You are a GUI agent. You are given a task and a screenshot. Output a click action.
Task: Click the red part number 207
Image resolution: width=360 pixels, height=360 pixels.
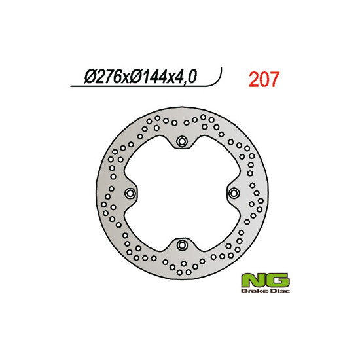(x=264, y=79)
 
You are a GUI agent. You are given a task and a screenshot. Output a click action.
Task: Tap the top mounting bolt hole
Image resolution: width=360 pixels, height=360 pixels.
(x=182, y=141)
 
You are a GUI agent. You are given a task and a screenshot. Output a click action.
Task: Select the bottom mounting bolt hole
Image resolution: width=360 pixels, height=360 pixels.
(x=182, y=245)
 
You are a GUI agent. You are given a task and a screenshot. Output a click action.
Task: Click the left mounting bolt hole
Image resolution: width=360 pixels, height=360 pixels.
(x=130, y=193)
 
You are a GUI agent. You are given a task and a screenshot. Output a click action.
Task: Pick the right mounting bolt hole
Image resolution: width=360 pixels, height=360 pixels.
(x=234, y=193)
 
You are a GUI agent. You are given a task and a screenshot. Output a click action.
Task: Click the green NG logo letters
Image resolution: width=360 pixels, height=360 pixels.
(x=265, y=280)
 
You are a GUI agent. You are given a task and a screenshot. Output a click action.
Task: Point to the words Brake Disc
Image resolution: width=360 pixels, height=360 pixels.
(x=265, y=291)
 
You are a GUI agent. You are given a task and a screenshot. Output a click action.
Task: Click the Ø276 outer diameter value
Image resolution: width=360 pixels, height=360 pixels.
(x=102, y=77)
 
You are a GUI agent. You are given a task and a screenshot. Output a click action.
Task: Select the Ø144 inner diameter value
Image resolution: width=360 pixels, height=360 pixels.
(x=149, y=77)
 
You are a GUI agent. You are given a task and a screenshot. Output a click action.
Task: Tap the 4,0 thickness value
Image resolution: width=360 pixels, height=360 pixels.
(x=185, y=77)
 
